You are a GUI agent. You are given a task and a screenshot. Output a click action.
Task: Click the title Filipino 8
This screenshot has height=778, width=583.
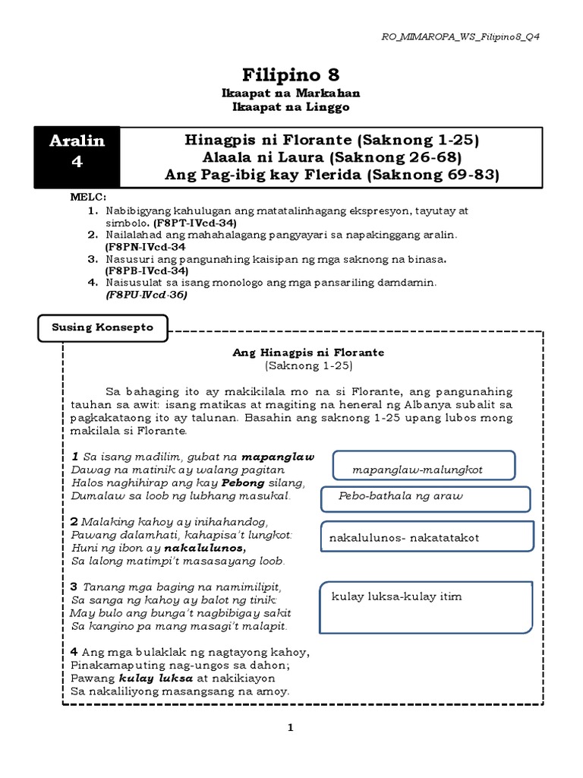[291, 74]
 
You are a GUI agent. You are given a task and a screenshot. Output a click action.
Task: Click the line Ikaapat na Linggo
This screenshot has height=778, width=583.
[291, 107]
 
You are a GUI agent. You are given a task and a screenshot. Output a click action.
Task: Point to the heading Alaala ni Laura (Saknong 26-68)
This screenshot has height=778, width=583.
[332, 158]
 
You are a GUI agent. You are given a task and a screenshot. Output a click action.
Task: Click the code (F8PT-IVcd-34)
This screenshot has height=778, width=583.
[195, 223]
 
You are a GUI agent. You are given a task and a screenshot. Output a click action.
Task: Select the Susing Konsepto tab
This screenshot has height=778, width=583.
[102, 327]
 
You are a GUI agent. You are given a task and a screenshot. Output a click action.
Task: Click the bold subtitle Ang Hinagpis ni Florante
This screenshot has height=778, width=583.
[308, 353]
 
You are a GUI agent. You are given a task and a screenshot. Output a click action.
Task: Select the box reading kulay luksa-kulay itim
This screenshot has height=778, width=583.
[424, 605]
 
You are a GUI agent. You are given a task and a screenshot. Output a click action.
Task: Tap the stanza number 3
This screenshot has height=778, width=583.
[74, 587]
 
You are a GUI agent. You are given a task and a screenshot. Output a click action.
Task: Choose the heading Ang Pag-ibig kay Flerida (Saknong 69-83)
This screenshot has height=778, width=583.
[332, 175]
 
